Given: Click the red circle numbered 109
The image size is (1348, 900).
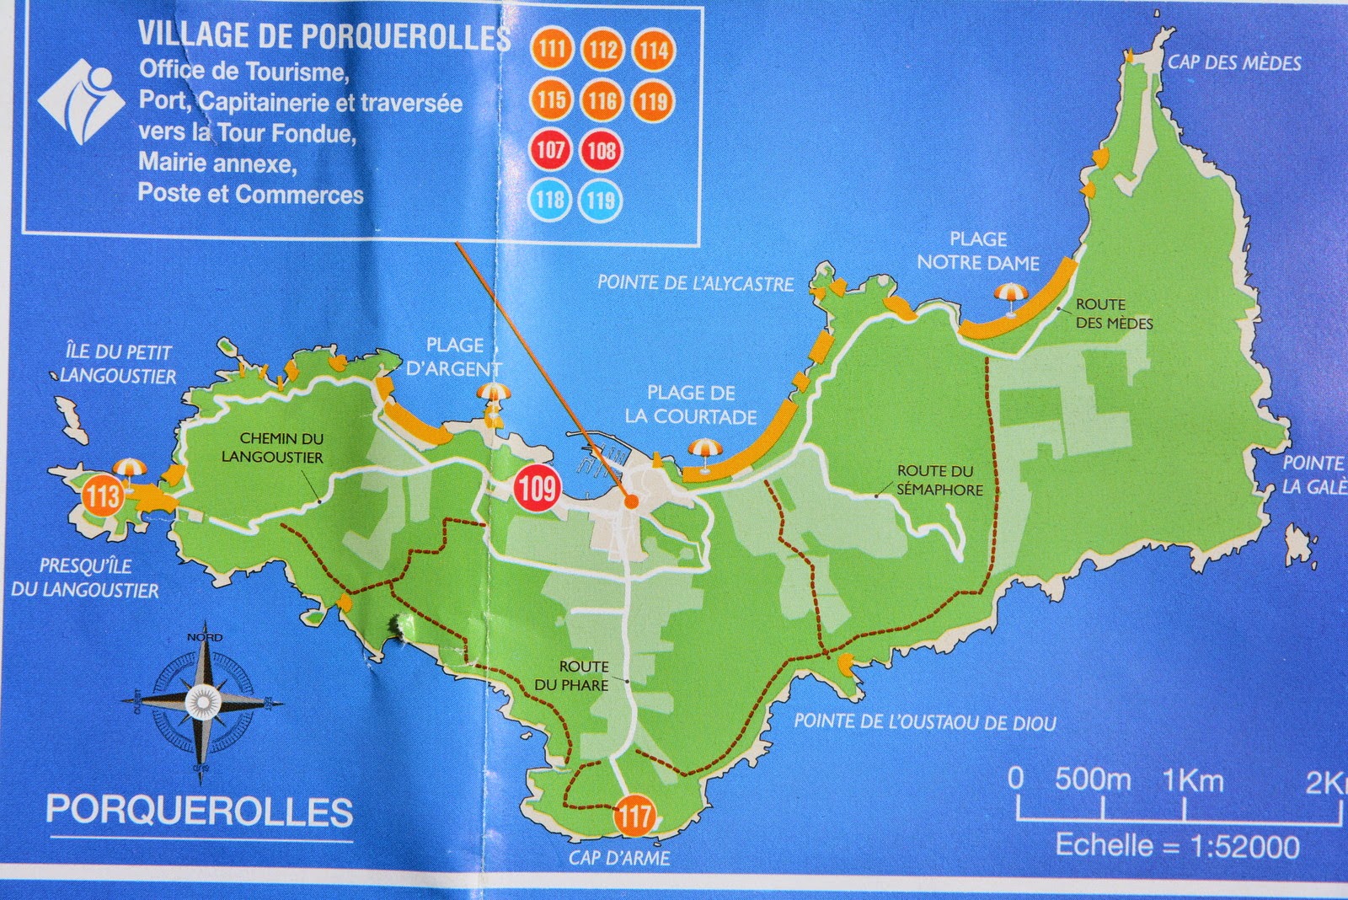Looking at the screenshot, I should click(538, 487).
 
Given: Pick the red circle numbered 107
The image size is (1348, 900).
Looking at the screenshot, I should click(551, 151).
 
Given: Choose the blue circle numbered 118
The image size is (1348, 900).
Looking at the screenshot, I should click(551, 201).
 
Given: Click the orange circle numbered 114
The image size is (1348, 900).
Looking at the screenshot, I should click(653, 51).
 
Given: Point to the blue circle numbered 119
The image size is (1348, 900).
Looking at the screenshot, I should click(602, 201).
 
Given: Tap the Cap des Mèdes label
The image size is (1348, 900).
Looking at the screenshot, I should click(1233, 62).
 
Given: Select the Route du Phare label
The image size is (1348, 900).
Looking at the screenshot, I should click(572, 676).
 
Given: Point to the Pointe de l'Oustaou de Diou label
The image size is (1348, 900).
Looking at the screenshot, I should click(924, 721).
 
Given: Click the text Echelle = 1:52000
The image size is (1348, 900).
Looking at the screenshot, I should click(1177, 845).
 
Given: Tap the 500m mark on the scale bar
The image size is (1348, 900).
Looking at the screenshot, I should click(1093, 780).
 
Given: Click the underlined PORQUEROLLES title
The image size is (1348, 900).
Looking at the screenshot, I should click(200, 811).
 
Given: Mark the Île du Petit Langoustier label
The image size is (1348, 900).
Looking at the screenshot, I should click(118, 364).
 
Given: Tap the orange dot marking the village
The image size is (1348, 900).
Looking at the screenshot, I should click(631, 501).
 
